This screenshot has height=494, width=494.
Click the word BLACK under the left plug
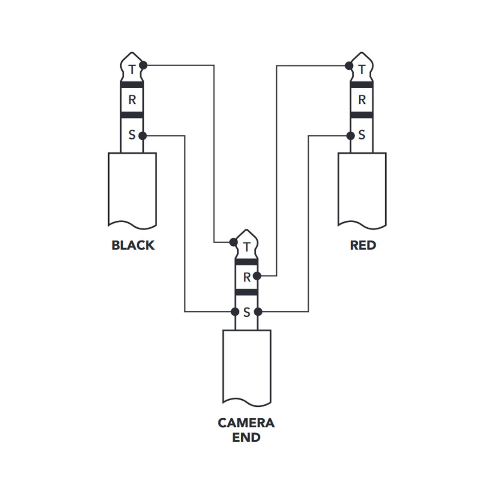click(133, 245)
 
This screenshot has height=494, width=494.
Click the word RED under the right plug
click(363, 245)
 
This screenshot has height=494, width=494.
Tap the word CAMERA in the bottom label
click(246, 423)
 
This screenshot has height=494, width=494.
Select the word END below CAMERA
click(246, 438)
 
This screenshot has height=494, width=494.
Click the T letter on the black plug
click(132, 70)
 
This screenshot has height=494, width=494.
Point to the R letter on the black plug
click(132, 100)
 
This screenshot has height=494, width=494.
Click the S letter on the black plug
click(132, 135)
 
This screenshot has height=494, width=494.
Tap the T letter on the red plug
click(362, 70)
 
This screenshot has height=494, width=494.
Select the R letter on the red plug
click(362, 100)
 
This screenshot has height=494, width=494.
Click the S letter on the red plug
click(362, 135)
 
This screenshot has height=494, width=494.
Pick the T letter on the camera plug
click(247, 247)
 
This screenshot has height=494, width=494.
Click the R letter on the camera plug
click(247, 277)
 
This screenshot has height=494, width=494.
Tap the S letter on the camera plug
click(247, 312)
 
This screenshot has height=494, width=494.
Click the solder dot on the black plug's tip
click(143, 65)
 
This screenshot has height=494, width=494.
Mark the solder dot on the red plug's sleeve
click(350, 135)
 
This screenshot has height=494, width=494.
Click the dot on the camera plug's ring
click(257, 276)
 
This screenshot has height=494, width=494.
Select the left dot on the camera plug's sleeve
click(235, 312)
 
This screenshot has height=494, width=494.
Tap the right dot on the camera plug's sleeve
click(258, 312)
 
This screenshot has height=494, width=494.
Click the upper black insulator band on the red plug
click(361, 85)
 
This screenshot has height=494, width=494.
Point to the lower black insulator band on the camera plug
click(246, 292)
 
